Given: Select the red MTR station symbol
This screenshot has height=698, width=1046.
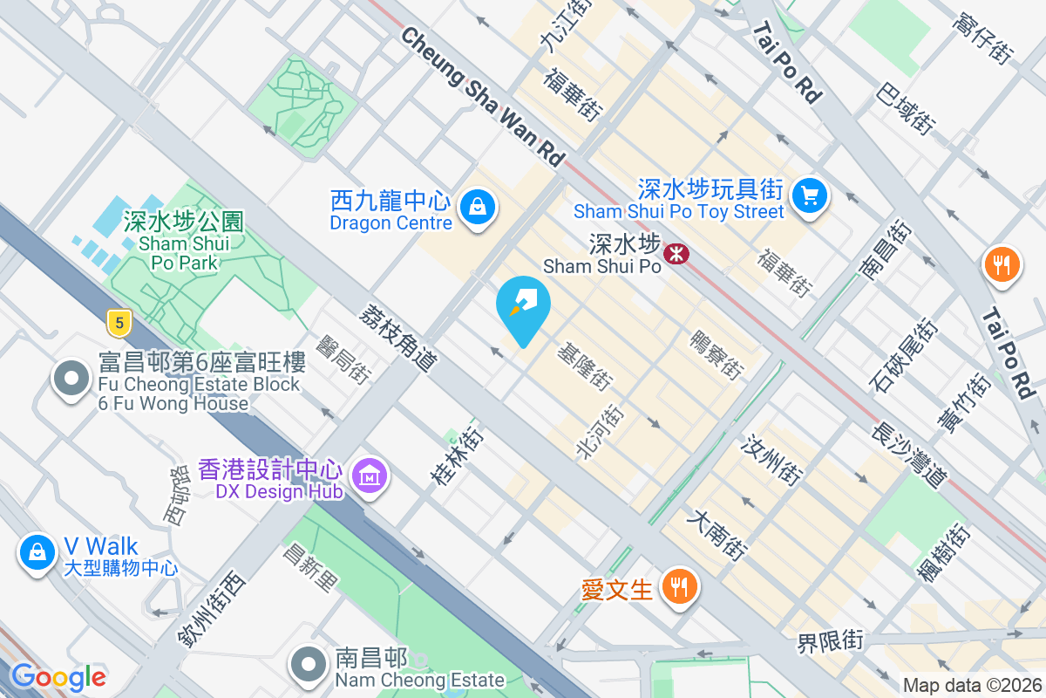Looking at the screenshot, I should pos(676,254).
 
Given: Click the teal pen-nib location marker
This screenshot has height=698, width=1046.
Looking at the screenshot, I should pos(523,306).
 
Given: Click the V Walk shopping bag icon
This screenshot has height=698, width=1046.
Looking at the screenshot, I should pos(37,552).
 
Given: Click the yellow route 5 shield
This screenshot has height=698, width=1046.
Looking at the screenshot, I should pos(119,324).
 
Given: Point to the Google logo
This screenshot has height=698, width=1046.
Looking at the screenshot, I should pos(58,676).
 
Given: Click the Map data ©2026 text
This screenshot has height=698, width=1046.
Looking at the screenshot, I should pos(971,686).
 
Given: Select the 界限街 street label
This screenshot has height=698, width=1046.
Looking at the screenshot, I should pos(830,641).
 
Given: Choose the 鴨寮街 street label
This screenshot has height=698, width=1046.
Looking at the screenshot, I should pos(716,354).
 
